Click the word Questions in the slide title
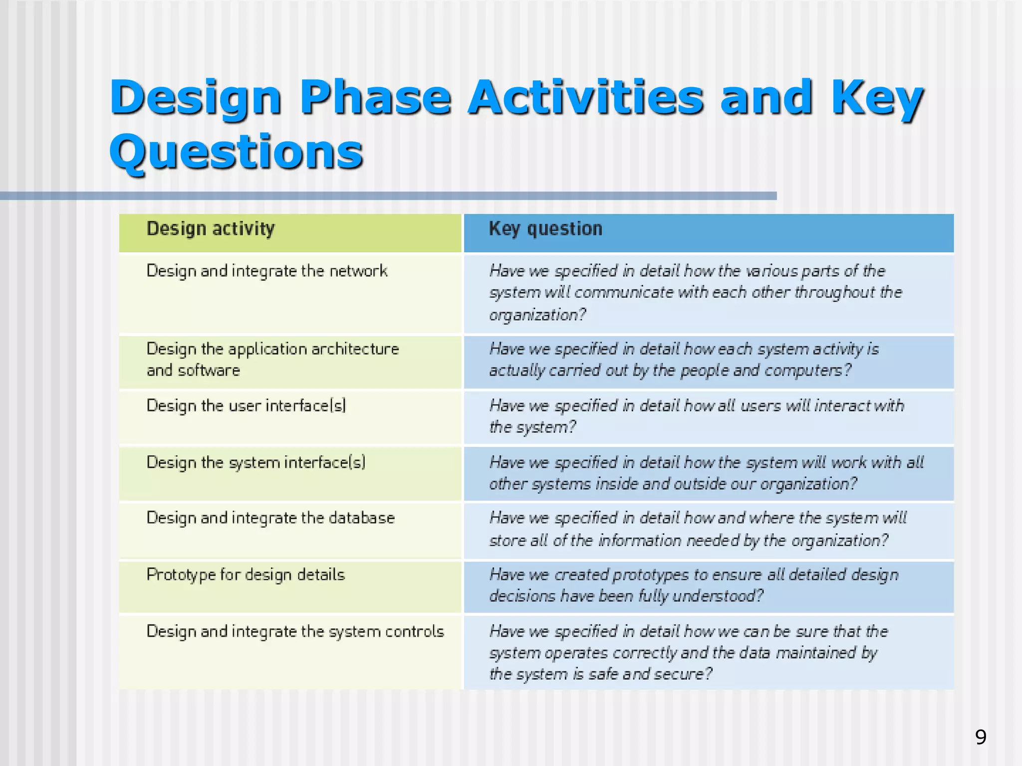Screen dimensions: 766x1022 coord(236,152)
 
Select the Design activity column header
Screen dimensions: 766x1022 coord(211,229)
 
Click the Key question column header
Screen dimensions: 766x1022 coord(545,229)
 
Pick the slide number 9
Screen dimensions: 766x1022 coord(980,737)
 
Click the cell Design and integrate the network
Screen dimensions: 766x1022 coord(267,271)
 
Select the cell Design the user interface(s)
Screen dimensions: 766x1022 coord(246,406)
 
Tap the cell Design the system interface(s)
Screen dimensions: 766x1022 coord(256,463)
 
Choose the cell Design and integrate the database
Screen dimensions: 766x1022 coord(270,518)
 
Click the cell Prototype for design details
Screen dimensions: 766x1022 coord(246,575)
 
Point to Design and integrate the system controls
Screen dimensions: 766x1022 coord(295,632)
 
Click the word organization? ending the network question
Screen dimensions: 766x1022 coord(537,315)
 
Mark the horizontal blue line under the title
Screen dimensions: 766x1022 coord(388,196)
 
